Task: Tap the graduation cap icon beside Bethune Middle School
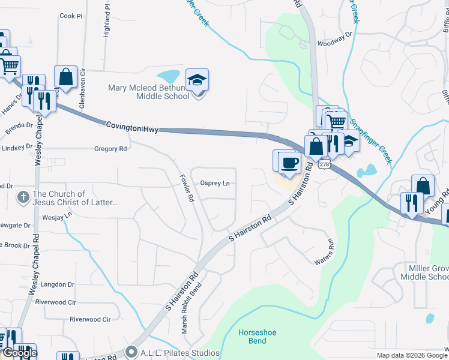pos(197,80)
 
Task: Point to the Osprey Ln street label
pos(215,184)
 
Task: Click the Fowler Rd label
pos(186,188)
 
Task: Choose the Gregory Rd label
pos(110,149)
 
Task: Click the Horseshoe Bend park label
pos(256,337)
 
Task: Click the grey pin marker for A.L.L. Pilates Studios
pos(131,352)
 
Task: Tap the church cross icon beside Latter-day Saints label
pos(22,197)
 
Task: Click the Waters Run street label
pos(323,253)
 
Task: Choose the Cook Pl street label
pos(71,16)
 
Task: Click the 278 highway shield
pos(324,163)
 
